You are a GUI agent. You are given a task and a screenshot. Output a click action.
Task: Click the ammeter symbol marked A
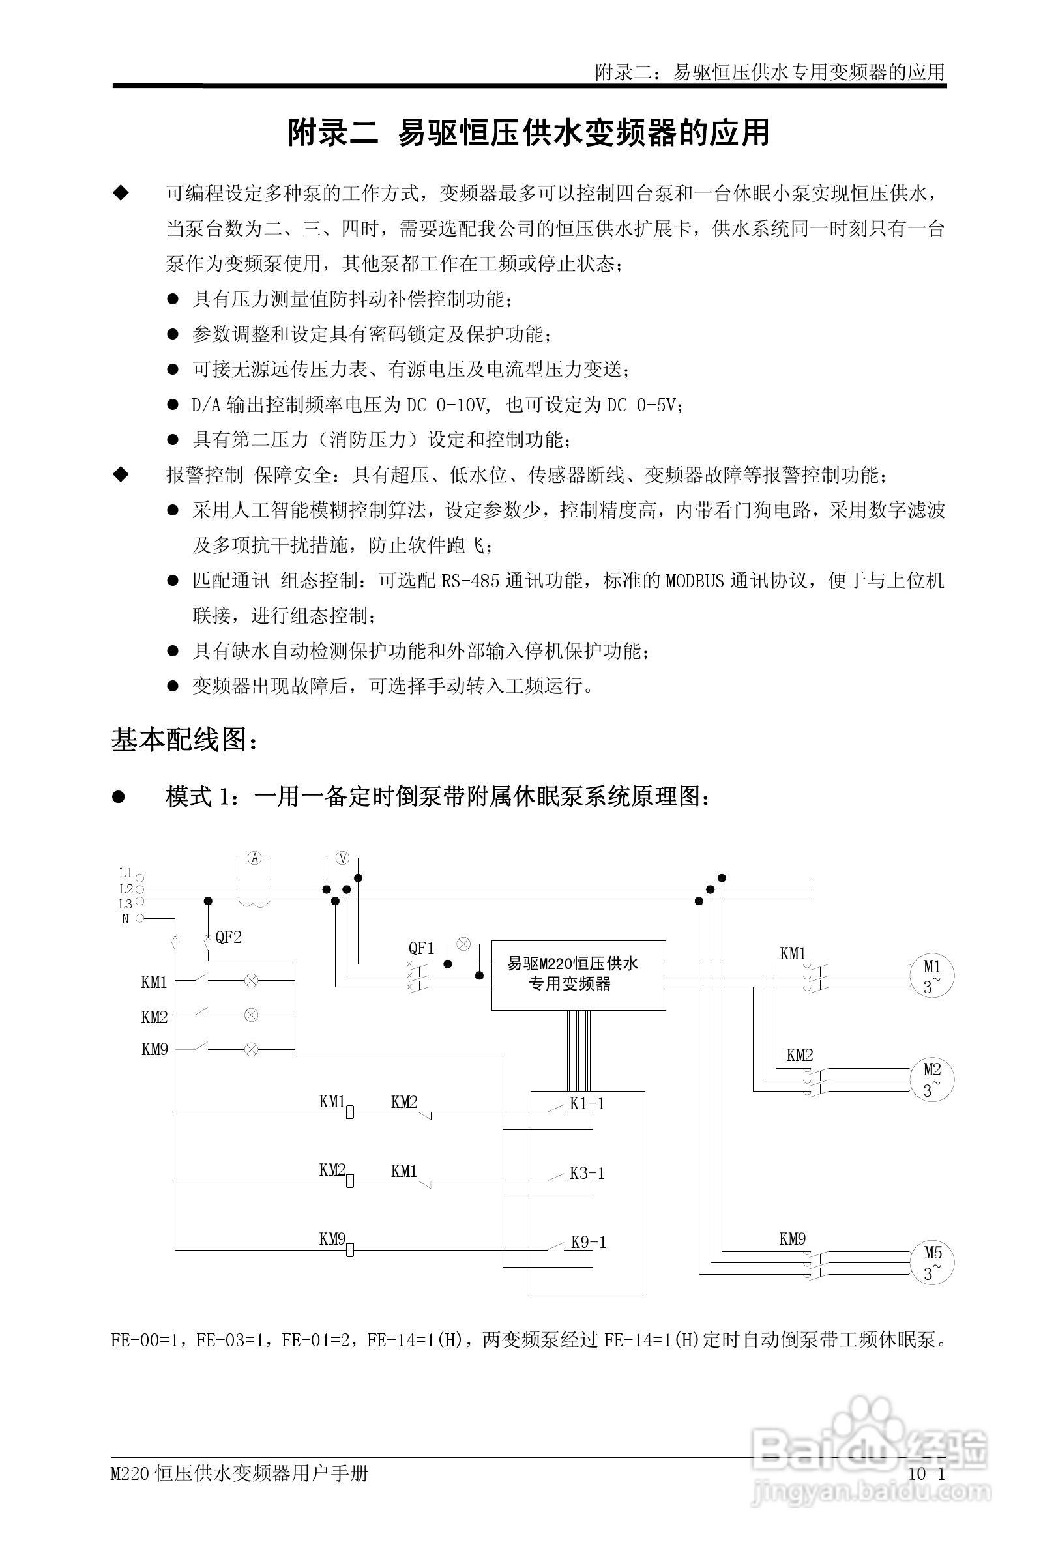(254, 858)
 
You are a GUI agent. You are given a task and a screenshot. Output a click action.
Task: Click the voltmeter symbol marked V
(342, 858)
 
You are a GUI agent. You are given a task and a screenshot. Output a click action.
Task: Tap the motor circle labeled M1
(932, 976)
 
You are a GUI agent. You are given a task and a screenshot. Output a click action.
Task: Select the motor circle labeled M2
(932, 1079)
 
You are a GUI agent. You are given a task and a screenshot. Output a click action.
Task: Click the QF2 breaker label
(228, 938)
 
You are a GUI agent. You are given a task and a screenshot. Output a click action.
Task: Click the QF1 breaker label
(421, 948)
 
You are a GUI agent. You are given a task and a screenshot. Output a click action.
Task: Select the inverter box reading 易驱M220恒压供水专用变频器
(578, 975)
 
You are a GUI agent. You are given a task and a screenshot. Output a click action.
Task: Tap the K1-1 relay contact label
(587, 1104)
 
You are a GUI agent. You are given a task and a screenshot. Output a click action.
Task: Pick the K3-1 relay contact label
(587, 1174)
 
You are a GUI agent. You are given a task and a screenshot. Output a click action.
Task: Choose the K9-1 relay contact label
(588, 1243)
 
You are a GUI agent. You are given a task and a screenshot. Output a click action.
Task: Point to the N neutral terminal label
(126, 919)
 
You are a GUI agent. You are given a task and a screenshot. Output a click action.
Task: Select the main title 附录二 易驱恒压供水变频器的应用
(529, 133)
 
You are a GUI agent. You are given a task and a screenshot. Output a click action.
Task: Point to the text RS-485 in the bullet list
(471, 581)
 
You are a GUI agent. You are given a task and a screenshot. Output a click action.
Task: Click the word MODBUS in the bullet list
(695, 581)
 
